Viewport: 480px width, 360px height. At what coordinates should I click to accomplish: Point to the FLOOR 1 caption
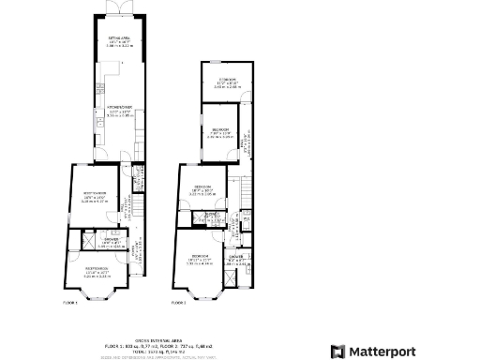[70, 303]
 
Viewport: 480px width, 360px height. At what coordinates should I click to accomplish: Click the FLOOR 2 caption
[178, 303]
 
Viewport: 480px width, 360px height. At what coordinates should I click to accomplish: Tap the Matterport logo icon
[337, 352]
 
